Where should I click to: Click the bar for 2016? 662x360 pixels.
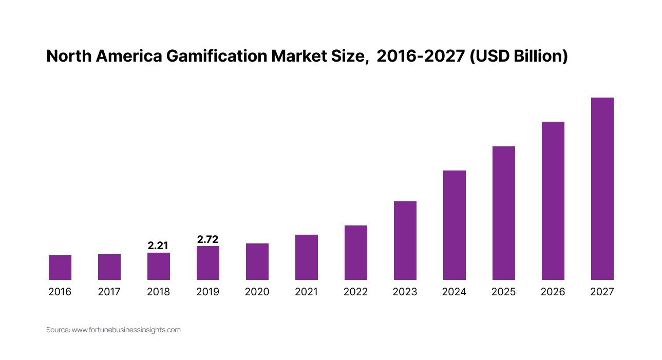60,268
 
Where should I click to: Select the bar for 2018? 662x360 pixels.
159,266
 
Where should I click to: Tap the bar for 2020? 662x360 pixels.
257,261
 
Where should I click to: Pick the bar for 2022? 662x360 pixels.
356,253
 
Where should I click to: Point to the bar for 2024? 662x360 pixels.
455,225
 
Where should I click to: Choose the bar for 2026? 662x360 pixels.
553,201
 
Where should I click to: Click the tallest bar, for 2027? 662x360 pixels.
602,188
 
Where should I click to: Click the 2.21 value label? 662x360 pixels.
158,245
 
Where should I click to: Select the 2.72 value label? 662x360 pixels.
207,239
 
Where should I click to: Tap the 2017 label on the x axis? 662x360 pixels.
109,292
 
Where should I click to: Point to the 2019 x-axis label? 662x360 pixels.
207,292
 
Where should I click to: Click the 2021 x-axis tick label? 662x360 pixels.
306,292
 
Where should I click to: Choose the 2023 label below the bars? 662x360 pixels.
405,292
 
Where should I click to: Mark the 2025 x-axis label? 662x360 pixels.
504,292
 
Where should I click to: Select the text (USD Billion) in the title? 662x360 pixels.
519,56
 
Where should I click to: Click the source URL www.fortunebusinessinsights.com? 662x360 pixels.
126,330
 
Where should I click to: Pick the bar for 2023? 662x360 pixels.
405,240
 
